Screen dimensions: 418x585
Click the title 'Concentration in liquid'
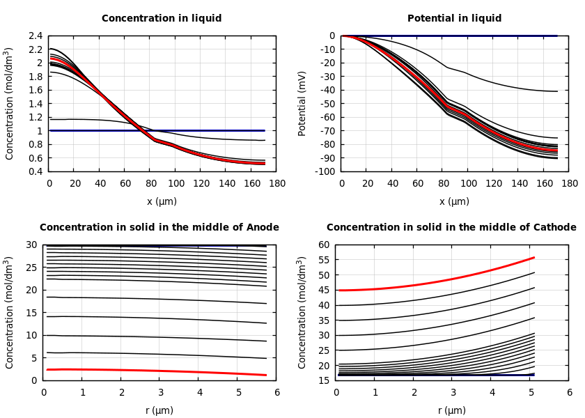162,19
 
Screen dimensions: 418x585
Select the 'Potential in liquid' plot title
454,19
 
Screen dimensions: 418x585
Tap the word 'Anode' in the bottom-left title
258,228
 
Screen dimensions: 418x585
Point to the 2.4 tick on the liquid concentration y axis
35,36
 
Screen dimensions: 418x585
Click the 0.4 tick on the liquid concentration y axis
35,171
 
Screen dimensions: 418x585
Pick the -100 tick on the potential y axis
325,171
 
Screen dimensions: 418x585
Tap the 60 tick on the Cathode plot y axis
323,245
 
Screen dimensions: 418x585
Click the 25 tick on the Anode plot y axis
31,268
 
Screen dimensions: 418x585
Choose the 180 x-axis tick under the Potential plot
570,183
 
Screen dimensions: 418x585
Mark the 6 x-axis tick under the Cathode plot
570,392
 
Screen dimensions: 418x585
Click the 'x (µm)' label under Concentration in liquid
162,202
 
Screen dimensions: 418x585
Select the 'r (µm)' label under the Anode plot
159,411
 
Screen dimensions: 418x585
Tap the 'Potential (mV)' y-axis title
302,103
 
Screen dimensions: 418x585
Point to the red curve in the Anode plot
160,371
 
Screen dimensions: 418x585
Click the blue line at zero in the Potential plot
487,36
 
